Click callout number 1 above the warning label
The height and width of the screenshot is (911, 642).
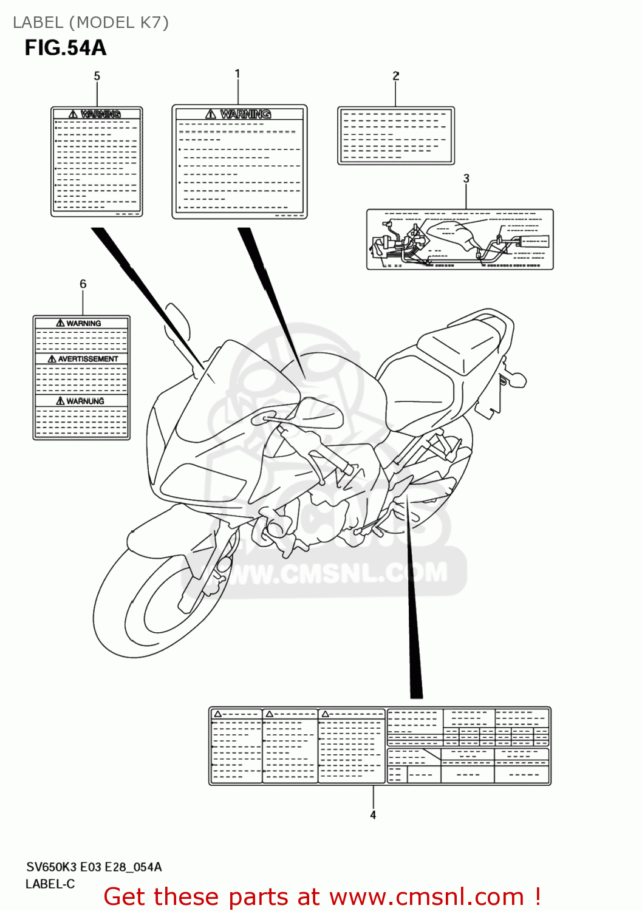click(x=237, y=73)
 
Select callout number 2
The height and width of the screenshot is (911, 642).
click(x=396, y=76)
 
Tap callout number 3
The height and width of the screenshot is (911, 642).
click(x=466, y=179)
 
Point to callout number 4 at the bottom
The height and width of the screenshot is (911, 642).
click(x=373, y=815)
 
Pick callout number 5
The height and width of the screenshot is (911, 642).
click(x=97, y=76)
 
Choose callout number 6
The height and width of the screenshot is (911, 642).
click(x=83, y=284)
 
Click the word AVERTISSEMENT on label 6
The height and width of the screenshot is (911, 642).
click(x=87, y=359)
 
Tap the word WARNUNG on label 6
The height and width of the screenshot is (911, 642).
click(x=84, y=401)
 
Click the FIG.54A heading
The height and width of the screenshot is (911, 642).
click(x=66, y=48)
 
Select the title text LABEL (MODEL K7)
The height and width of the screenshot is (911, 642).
click(x=90, y=22)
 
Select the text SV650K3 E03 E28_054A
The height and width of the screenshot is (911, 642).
click(x=94, y=867)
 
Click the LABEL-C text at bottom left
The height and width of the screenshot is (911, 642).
click(x=50, y=884)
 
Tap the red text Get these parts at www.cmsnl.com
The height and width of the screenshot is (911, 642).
click(x=322, y=897)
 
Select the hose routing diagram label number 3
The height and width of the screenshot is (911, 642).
click(x=460, y=240)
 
